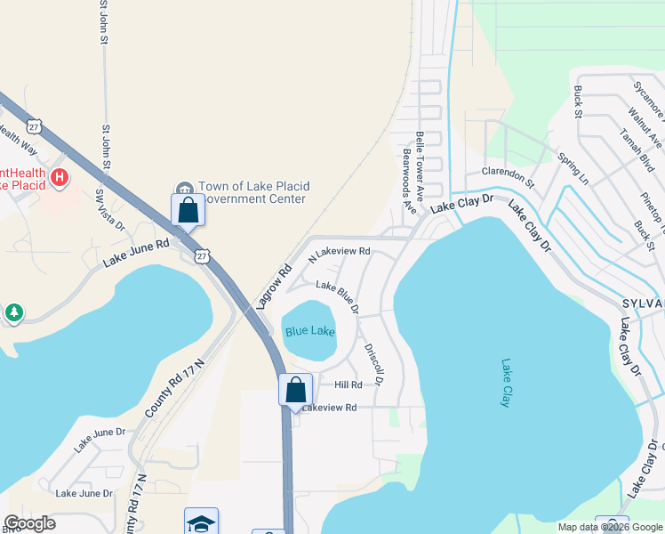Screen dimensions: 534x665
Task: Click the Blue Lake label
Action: click(x=310, y=332)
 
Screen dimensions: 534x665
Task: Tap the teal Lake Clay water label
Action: click(x=505, y=383)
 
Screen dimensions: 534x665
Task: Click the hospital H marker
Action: click(x=60, y=177)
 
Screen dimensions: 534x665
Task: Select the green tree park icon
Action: click(x=12, y=312)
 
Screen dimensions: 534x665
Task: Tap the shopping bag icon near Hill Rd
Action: click(x=295, y=390)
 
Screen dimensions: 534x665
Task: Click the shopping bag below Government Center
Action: click(x=188, y=211)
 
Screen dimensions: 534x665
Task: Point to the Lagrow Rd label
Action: click(x=274, y=287)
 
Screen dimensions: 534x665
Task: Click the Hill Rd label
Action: click(x=349, y=385)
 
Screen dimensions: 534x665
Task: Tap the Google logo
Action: click(x=29, y=523)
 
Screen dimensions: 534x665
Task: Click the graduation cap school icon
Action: click(x=201, y=522)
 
